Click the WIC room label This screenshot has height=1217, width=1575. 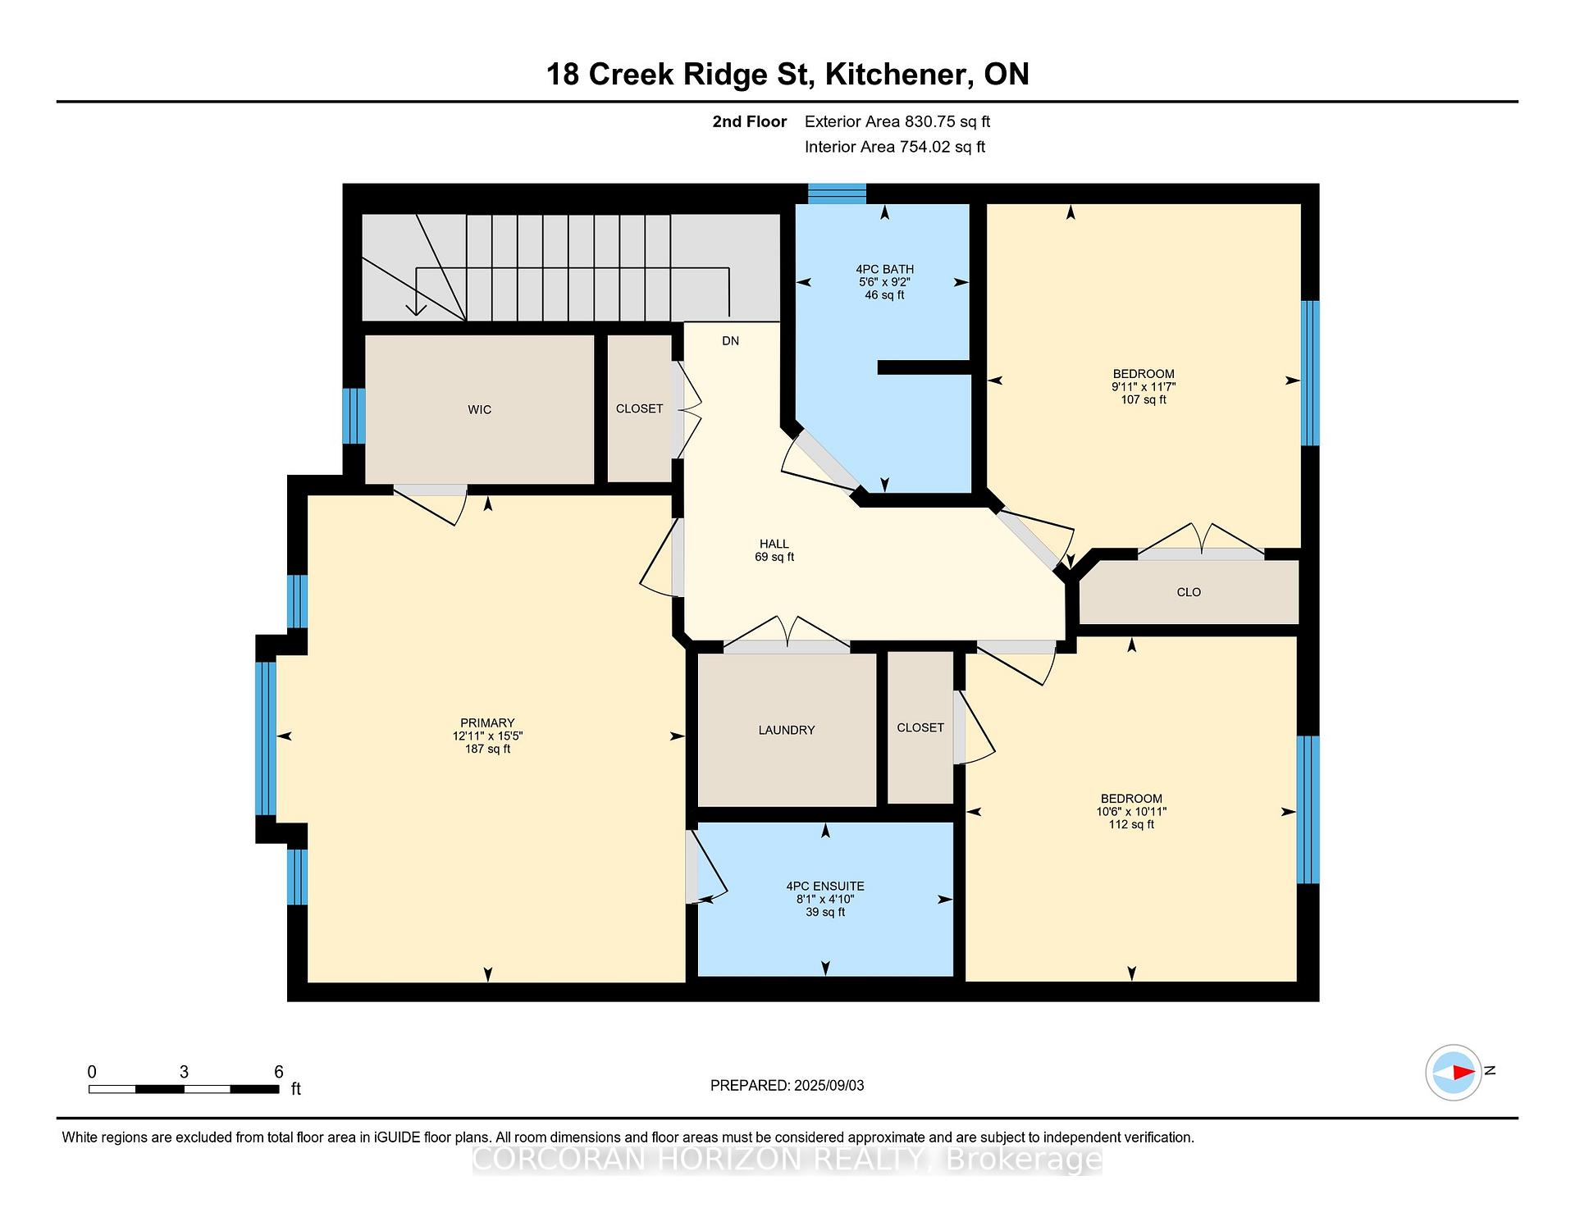pos(480,409)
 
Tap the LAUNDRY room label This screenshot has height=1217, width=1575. pos(787,730)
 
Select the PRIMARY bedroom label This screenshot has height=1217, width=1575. pos(487,722)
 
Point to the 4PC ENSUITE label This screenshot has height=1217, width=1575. pos(825,886)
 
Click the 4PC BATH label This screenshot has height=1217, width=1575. pos(884,269)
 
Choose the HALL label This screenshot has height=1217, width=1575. pos(774,544)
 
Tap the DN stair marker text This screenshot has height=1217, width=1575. pos(730,341)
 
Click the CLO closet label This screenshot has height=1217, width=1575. pos(1189,592)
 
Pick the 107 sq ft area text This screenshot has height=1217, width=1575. pos(1144,400)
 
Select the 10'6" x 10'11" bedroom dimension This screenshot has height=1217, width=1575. pos(1131,811)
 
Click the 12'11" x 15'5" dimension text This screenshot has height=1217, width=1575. pos(487,736)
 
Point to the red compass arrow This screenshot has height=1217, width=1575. pos(1463,1072)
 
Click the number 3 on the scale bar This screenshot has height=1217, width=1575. pos(185,1072)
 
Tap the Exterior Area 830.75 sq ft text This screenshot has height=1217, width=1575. pos(897,121)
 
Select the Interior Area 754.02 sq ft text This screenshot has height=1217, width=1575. pos(895,147)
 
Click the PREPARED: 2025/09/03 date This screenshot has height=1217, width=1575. pos(787,1085)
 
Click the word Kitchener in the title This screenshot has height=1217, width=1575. pos(895,74)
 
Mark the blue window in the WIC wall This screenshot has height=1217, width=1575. pos(354,416)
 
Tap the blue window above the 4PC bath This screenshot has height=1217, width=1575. pos(837,194)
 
